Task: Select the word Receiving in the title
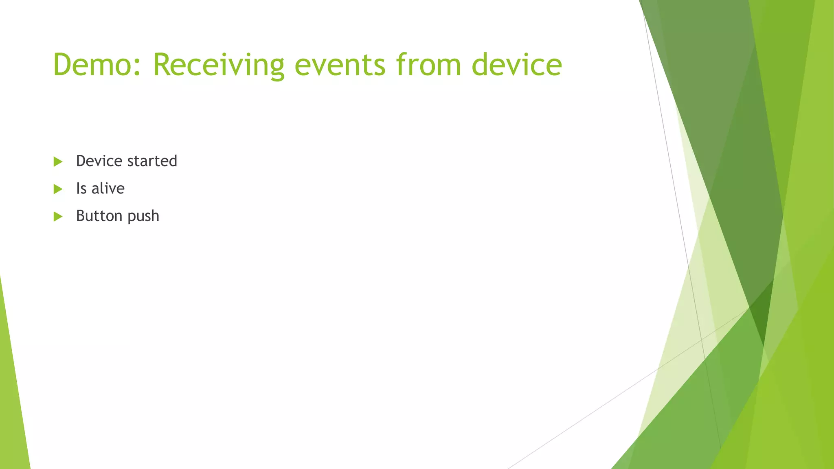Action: (x=218, y=65)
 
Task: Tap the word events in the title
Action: (x=340, y=65)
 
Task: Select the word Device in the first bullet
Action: (x=99, y=161)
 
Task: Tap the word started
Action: (x=152, y=161)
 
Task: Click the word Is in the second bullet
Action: (x=81, y=188)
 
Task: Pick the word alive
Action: (x=108, y=188)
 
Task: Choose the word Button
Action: (x=99, y=216)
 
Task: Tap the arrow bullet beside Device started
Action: (x=58, y=162)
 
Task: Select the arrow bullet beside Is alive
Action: (x=58, y=189)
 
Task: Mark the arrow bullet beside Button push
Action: (x=58, y=216)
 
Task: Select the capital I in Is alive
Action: (x=78, y=188)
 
